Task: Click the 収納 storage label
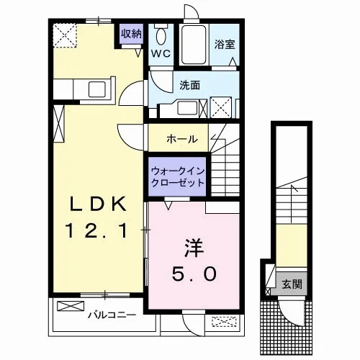tap(131, 34)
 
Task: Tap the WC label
tap(161, 53)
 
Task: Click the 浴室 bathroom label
tap(225, 45)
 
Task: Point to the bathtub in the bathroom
tap(194, 45)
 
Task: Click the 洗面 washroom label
tap(190, 85)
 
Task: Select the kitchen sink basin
tap(96, 89)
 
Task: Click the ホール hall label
tap(182, 139)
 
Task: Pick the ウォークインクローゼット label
tap(178, 177)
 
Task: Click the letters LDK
tap(98, 204)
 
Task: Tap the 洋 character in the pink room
tap(194, 248)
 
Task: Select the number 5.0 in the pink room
tap(194, 274)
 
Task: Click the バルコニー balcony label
tap(112, 315)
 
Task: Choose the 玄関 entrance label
tap(292, 284)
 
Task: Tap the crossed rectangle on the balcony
tap(71, 306)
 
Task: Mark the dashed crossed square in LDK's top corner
tap(64, 35)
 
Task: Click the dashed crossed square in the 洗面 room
tap(221, 107)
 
